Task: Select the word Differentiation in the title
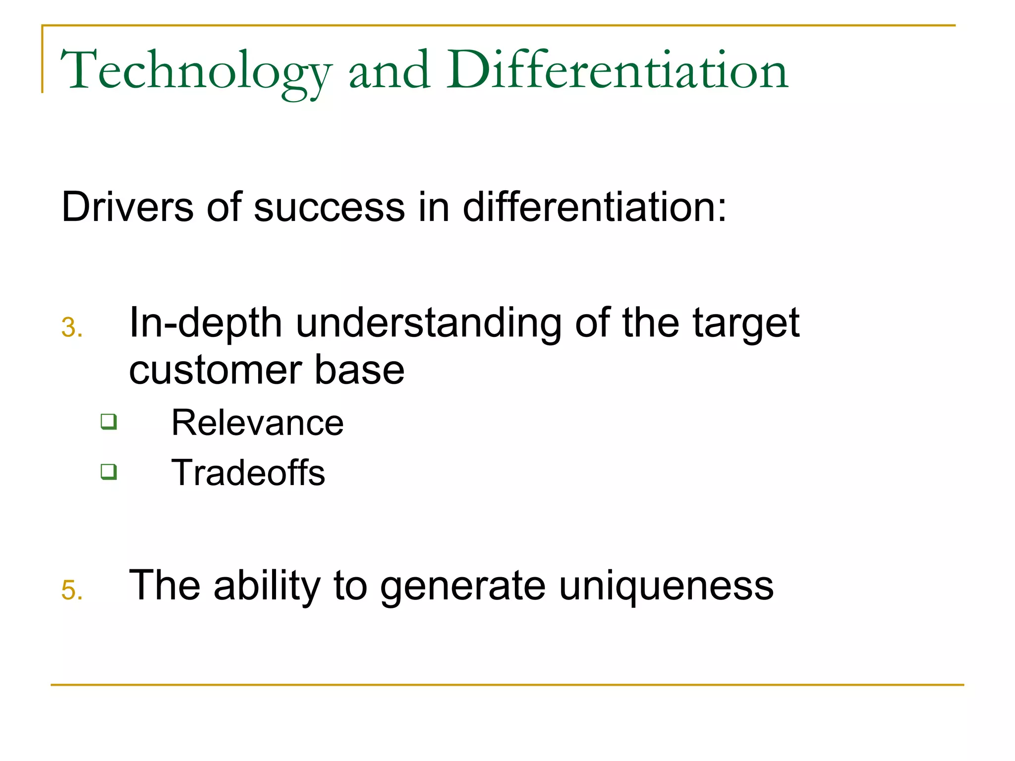pyautogui.click(x=617, y=71)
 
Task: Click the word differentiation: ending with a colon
pyautogui.click(x=595, y=207)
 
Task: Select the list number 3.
pyautogui.click(x=71, y=328)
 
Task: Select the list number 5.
pyautogui.click(x=71, y=591)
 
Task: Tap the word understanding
pyautogui.click(x=429, y=323)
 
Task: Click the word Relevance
pyautogui.click(x=257, y=423)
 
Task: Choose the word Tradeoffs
pyautogui.click(x=248, y=473)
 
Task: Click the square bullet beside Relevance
pyautogui.click(x=109, y=422)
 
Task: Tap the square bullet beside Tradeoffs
pyautogui.click(x=109, y=471)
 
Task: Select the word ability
pyautogui.click(x=267, y=586)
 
